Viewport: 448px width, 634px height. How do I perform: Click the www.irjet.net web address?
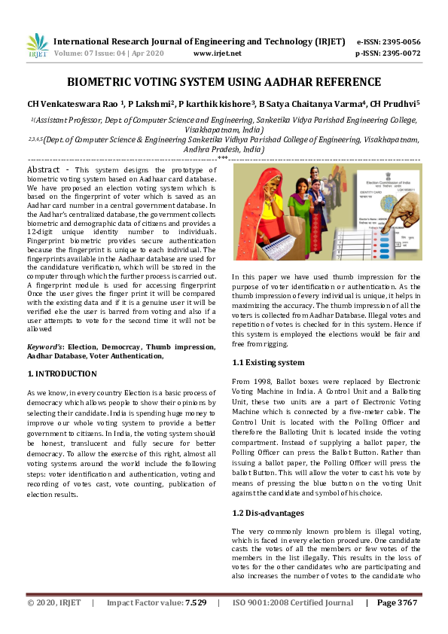point(217,53)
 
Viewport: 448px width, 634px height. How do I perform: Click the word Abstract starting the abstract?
point(44,170)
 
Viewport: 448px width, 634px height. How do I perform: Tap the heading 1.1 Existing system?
point(269,362)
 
